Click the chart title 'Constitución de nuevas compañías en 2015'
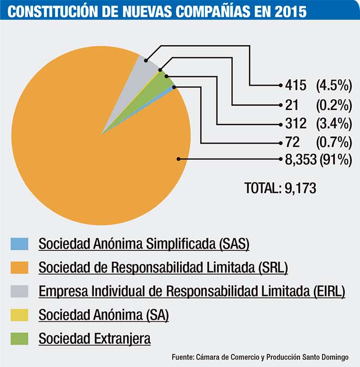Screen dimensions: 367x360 157,11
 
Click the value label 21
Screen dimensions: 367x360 292,104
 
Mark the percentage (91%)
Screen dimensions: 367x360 335,161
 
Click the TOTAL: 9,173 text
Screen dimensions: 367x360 280,188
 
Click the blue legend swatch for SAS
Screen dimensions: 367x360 19,244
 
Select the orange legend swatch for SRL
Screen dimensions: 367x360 19,268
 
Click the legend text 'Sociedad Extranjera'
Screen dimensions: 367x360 95,339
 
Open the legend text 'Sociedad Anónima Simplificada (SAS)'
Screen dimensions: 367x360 143,244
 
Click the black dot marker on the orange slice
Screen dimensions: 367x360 179,158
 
